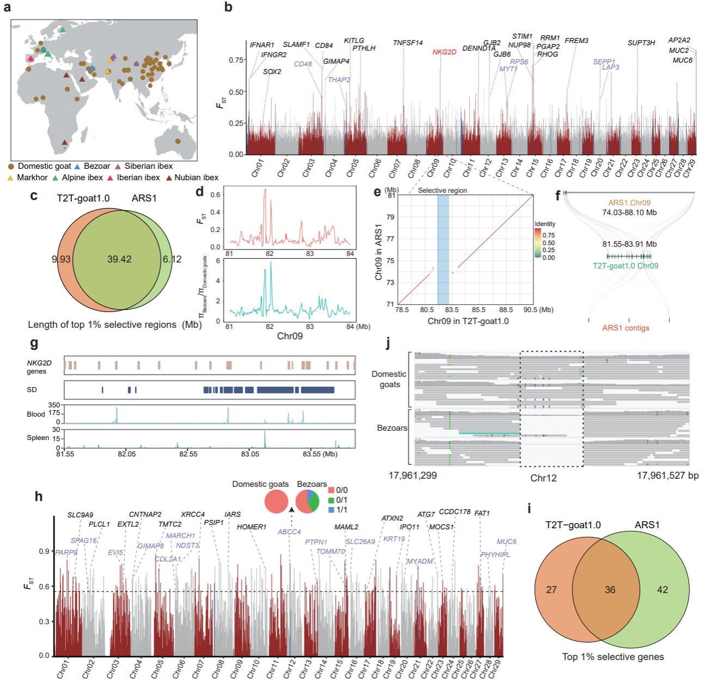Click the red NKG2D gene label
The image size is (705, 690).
(x=444, y=52)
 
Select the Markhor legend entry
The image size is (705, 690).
(x=32, y=178)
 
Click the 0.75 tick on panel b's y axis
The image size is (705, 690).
(x=235, y=60)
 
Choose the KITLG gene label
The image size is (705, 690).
(x=354, y=41)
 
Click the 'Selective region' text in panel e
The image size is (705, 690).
(x=442, y=191)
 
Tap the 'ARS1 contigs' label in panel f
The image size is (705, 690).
(x=625, y=328)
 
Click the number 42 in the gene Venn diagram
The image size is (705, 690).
(x=662, y=590)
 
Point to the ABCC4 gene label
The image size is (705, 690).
(x=289, y=532)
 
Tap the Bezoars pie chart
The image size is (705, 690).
(x=307, y=501)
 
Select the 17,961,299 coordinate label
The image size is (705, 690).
(x=412, y=475)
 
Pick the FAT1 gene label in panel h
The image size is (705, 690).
(x=482, y=514)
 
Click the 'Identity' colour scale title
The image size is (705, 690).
(x=545, y=224)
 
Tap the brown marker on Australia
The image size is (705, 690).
(x=178, y=141)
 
